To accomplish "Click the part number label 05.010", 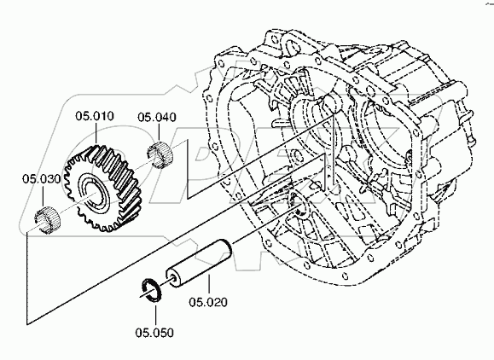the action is (95, 116).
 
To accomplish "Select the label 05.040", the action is (157, 117).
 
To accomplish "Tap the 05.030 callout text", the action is (41, 179).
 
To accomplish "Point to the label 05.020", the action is (208, 302).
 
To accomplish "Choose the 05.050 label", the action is (154, 333).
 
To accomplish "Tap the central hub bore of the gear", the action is (96, 195).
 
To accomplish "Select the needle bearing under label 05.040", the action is (160, 155).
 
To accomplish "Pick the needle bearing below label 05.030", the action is (47, 220).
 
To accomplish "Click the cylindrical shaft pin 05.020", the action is (199, 264).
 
